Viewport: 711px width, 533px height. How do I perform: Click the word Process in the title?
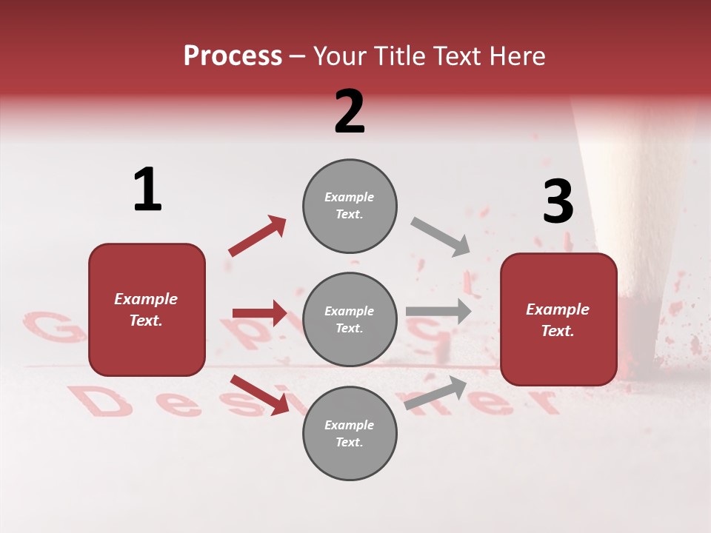pos(233,56)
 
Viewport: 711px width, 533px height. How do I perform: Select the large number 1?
pos(147,190)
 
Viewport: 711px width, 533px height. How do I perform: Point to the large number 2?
pos(350,111)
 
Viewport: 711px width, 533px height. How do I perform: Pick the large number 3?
pos(558,201)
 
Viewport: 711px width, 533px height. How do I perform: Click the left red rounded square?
pos(147,309)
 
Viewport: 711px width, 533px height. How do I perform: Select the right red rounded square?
pos(558,319)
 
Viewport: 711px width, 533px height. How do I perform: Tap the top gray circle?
pos(350,206)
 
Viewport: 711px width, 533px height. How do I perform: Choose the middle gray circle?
pos(350,319)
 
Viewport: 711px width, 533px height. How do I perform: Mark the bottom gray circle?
pos(350,433)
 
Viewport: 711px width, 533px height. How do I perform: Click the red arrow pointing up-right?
pos(258,235)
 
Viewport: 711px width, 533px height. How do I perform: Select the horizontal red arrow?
pos(259,313)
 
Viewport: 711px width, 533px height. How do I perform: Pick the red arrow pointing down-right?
pos(259,395)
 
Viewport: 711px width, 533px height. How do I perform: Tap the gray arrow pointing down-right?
pos(441,237)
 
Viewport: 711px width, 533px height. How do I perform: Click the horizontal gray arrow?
pos(438,311)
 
